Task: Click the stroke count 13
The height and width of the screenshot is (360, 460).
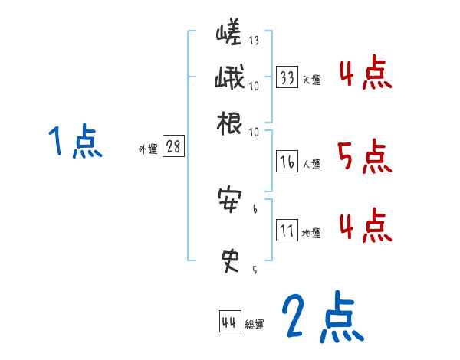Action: [x=254, y=41]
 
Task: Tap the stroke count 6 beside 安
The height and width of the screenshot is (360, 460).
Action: [x=255, y=207]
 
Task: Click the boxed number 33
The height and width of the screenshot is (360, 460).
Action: [x=287, y=77]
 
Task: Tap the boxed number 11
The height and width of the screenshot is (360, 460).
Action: [x=287, y=230]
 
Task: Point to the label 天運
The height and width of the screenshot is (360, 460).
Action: [x=311, y=80]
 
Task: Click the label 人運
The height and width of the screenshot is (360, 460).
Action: [x=311, y=163]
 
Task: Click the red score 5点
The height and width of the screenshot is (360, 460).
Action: [x=365, y=156]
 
